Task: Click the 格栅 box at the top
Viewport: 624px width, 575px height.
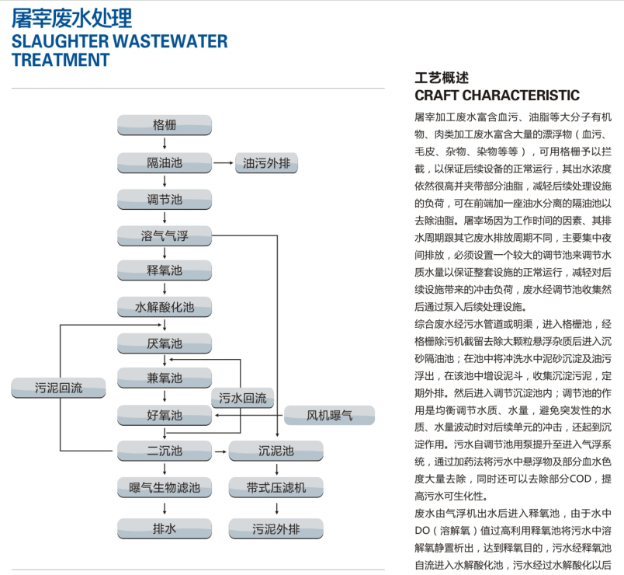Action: (165, 125)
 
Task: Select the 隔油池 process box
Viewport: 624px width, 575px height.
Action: (165, 163)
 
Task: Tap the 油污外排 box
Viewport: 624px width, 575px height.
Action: (266, 163)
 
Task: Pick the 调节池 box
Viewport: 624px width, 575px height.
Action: (165, 199)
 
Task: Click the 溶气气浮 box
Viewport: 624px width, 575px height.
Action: (165, 235)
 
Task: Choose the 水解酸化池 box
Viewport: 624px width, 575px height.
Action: (165, 307)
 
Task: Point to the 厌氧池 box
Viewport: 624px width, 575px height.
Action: (165, 343)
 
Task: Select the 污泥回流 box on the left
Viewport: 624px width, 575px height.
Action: (58, 388)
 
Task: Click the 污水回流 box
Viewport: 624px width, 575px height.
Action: (242, 398)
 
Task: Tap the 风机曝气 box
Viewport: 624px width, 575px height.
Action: (329, 415)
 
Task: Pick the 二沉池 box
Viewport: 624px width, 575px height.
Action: (165, 451)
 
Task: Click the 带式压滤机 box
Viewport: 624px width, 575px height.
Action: (276, 487)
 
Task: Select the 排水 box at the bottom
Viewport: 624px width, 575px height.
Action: (165, 529)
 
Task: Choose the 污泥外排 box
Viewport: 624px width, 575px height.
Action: (276, 529)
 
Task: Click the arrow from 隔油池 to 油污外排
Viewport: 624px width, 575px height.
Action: (224, 163)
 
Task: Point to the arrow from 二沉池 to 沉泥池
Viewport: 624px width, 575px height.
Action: (220, 451)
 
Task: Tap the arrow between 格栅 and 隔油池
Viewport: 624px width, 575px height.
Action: (165, 144)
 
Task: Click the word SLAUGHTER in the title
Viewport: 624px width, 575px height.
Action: (60, 41)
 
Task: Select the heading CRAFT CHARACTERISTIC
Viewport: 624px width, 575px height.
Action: (497, 96)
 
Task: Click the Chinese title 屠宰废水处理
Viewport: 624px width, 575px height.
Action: (71, 19)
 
